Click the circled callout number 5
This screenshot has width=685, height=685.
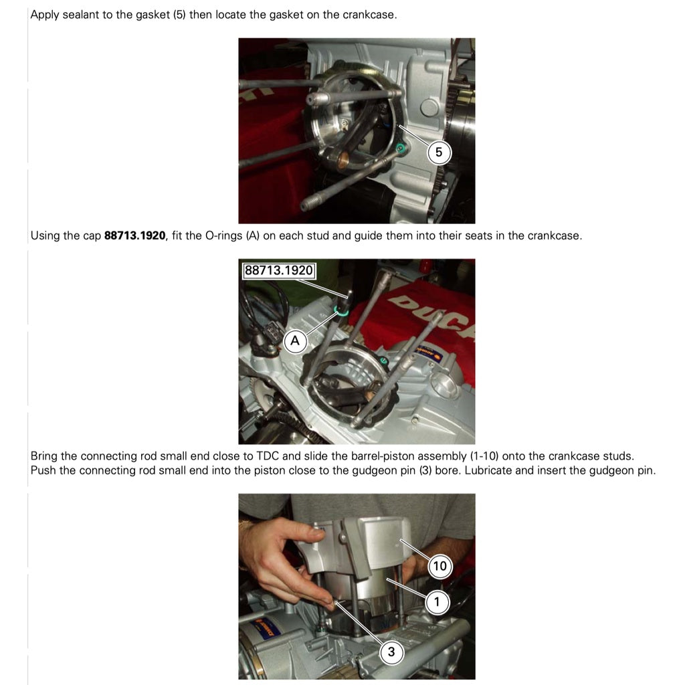tap(438, 153)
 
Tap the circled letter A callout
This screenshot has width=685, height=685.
tap(295, 340)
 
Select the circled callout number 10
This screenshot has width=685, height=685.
tap(439, 566)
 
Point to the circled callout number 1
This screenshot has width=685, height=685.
tap(437, 603)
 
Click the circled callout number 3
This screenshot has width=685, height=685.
tap(391, 652)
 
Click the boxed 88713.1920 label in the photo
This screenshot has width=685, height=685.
tap(279, 270)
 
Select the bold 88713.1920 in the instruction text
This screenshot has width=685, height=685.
tap(135, 236)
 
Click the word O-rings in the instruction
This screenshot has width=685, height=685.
tap(223, 236)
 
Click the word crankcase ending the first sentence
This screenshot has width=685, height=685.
tap(369, 15)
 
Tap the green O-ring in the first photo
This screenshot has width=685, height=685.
tap(400, 148)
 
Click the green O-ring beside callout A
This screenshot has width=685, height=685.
tap(341, 310)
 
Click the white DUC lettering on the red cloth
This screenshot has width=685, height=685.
tap(430, 315)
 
